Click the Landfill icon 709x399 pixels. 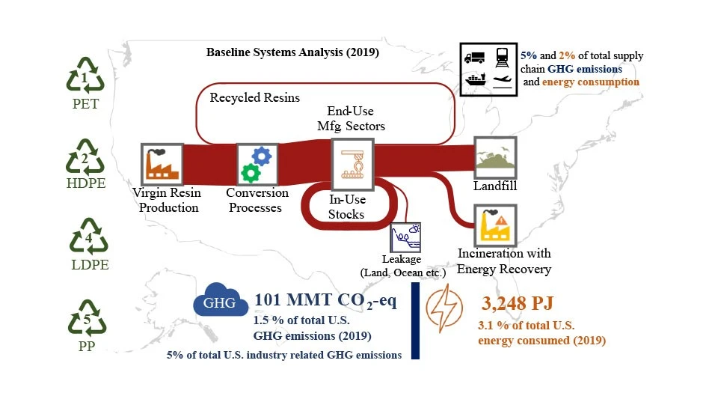point(495,157)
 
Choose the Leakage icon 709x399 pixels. point(405,237)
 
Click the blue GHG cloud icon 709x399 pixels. point(219,304)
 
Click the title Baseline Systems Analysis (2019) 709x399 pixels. point(293,54)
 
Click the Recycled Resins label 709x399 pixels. point(254,98)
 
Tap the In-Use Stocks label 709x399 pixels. point(346,207)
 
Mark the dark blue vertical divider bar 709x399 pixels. point(415,321)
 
